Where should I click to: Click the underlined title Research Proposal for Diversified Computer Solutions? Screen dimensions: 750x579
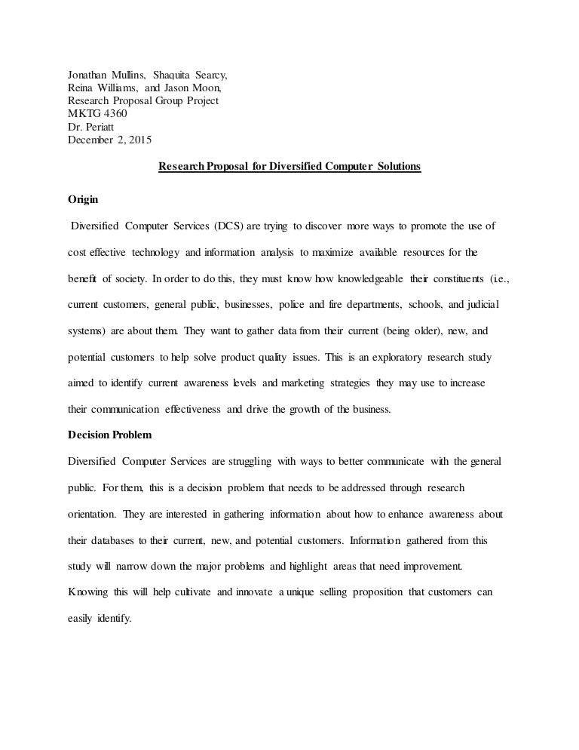[289, 165]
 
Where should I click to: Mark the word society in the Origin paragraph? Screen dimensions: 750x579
[127, 278]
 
